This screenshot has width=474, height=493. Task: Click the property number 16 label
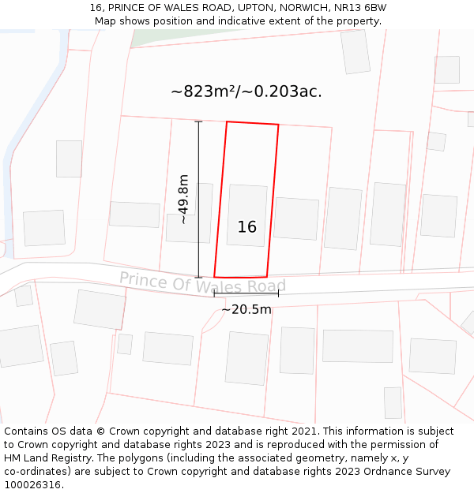pyautogui.click(x=246, y=227)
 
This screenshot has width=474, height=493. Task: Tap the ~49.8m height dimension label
pyautogui.click(x=183, y=200)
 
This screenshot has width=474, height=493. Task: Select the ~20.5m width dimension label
pyautogui.click(x=246, y=309)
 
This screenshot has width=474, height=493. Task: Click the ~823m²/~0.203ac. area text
pyautogui.click(x=246, y=92)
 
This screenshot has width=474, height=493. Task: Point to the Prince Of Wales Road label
pyautogui.click(x=202, y=282)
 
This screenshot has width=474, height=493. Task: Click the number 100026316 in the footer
pyautogui.click(x=32, y=484)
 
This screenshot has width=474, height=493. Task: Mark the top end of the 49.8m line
pyautogui.click(x=198, y=121)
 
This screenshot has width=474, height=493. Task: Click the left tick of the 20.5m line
pyautogui.click(x=214, y=293)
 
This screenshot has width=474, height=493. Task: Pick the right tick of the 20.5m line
pyautogui.click(x=278, y=293)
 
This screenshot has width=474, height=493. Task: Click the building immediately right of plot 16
pyautogui.click(x=296, y=218)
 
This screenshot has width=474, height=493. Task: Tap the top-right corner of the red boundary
pyautogui.click(x=278, y=125)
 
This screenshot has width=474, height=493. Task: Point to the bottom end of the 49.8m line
pyautogui.click(x=198, y=277)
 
